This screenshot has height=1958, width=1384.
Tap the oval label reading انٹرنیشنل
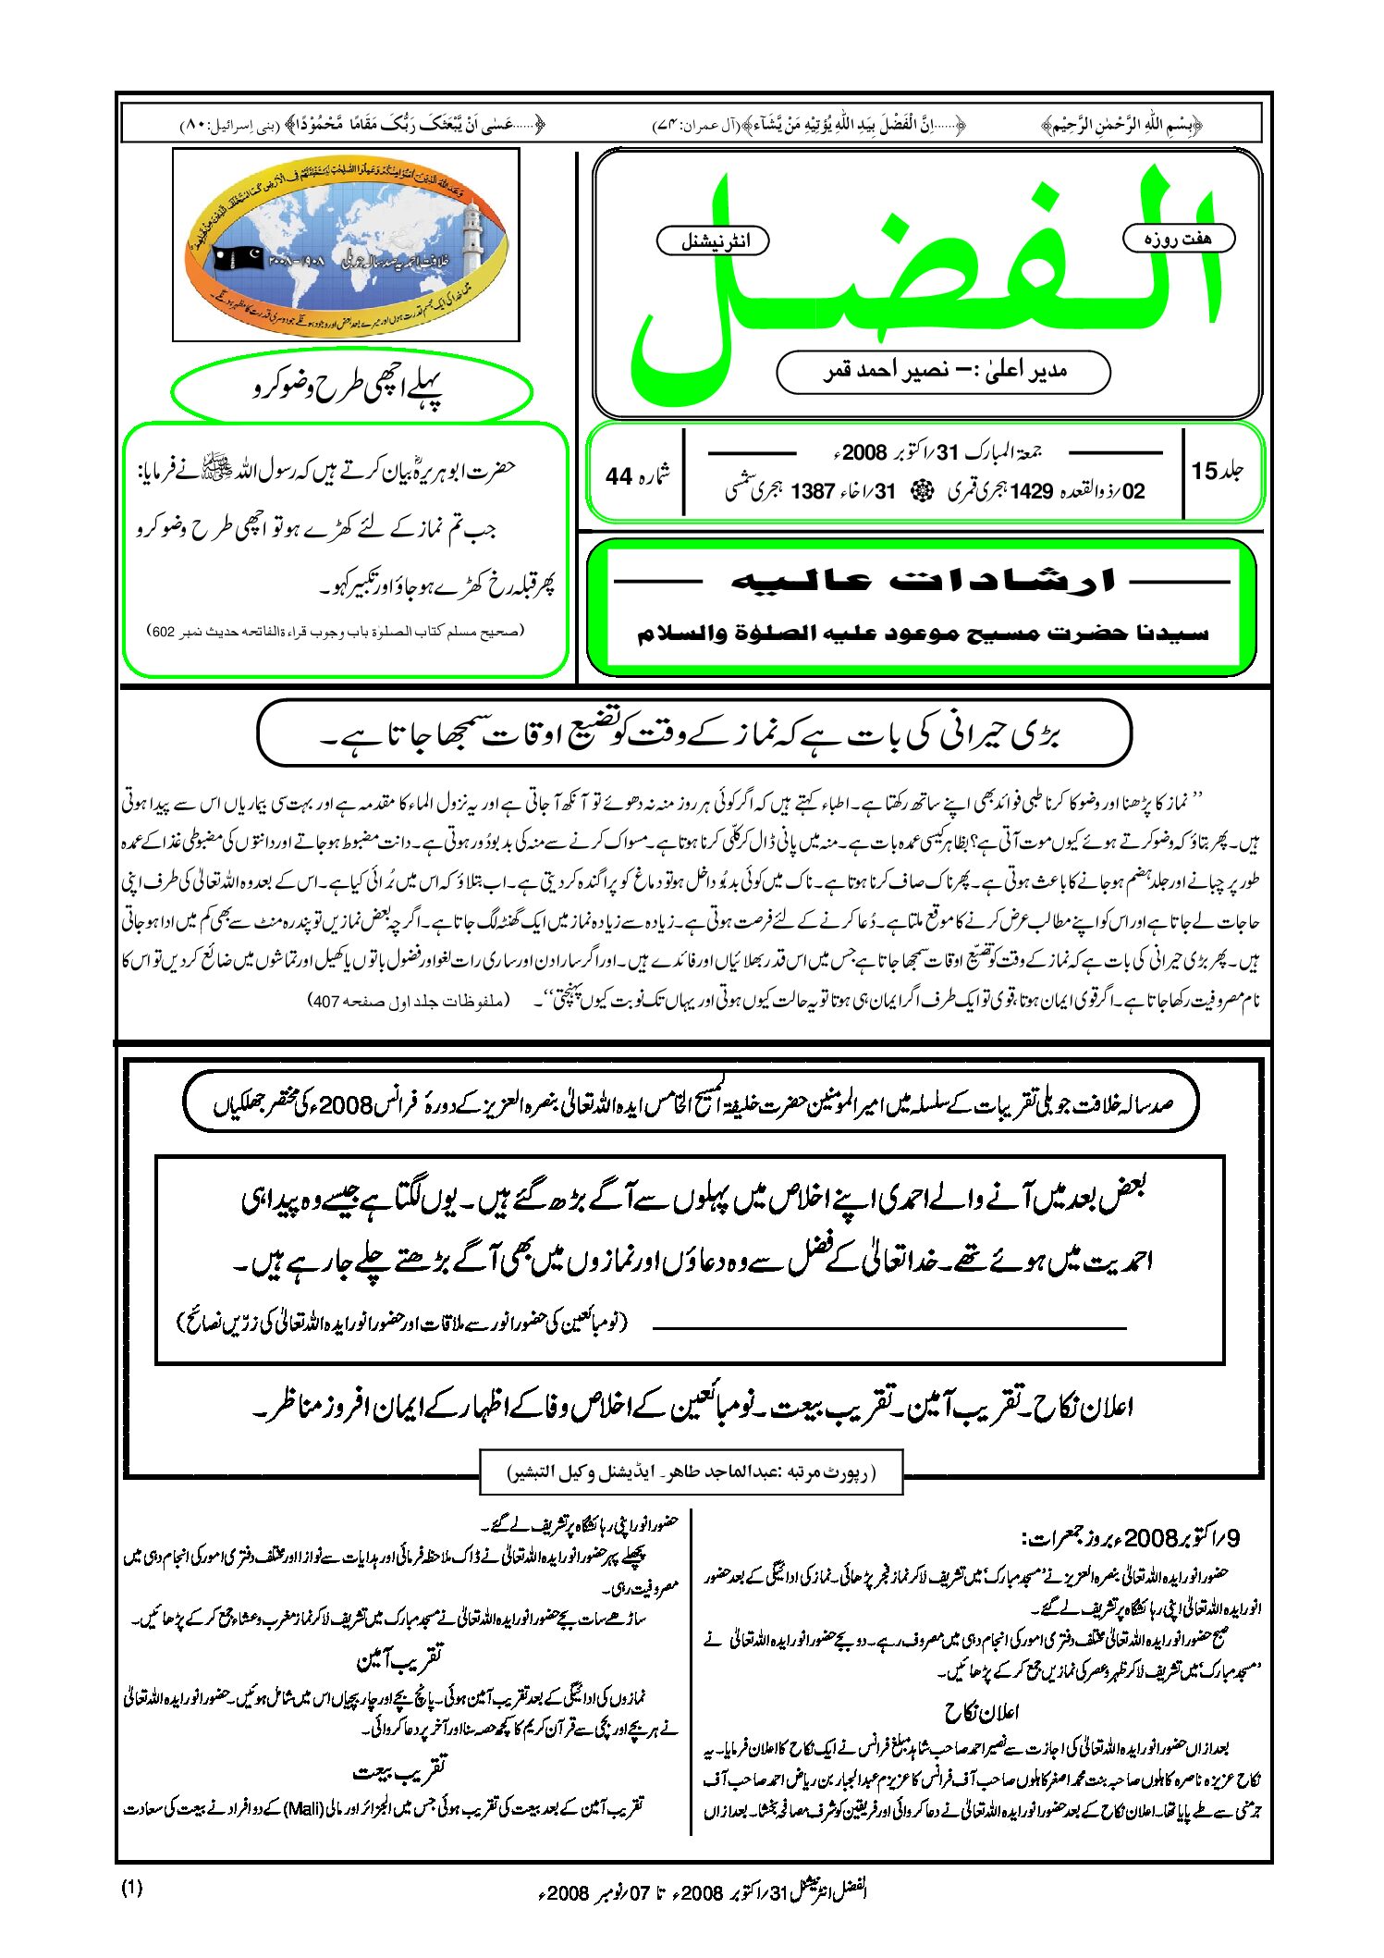pos(713,241)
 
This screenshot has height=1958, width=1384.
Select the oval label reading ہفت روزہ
pos(1178,239)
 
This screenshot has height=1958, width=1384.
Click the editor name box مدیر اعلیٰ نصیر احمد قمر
pos(943,372)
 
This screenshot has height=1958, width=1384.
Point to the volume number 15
pos(1204,471)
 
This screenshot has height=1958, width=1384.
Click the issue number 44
pos(619,476)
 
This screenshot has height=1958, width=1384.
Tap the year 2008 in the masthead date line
pos(864,452)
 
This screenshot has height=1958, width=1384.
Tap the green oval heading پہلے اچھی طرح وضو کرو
pos(350,389)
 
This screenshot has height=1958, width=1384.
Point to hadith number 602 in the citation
pos(163,632)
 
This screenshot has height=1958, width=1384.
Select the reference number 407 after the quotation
pos(325,1001)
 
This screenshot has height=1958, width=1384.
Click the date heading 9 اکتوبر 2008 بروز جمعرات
pos(1130,1538)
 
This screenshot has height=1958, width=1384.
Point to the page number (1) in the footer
pos(131,1889)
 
